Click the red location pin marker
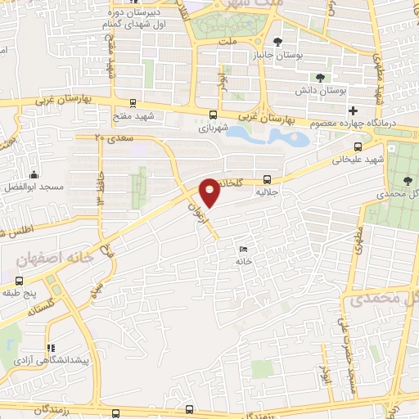pyautogui.click(x=209, y=191)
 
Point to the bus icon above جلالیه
pyautogui.click(x=267, y=180)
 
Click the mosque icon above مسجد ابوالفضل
pyautogui.click(x=34, y=174)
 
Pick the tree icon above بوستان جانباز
pyautogui.click(x=277, y=41)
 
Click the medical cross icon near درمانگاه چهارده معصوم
pyautogui.click(x=353, y=110)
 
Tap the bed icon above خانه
pyautogui.click(x=242, y=249)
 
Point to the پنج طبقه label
pyautogui.click(x=20, y=292)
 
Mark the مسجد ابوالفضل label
pyautogui.click(x=34, y=187)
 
